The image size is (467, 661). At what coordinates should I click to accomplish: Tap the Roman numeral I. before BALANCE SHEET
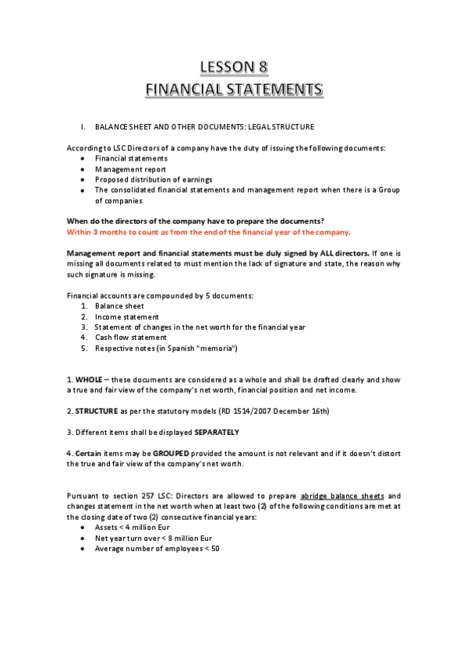tap(83, 127)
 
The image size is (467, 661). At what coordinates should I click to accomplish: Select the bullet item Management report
tap(130, 168)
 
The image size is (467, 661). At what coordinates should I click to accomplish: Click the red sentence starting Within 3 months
tap(209, 232)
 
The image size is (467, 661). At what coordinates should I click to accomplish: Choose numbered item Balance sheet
tap(119, 306)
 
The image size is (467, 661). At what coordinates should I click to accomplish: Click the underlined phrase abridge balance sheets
tap(343, 496)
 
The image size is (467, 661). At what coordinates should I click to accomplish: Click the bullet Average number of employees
tap(157, 548)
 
